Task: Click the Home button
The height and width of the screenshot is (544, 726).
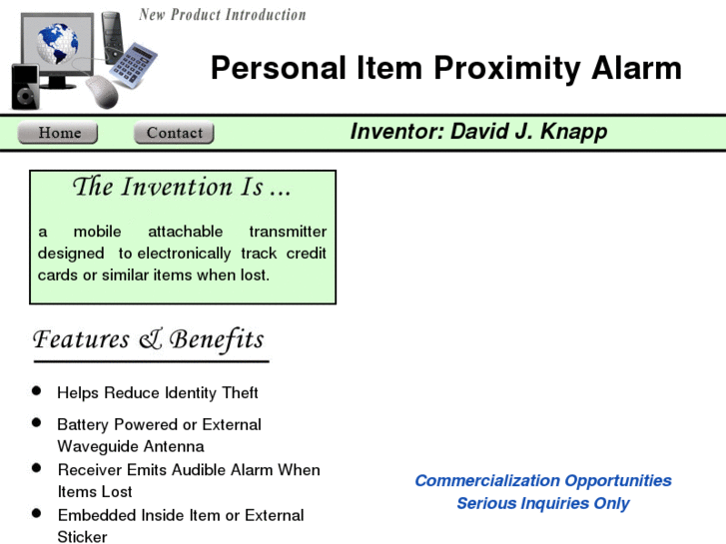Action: tap(60, 133)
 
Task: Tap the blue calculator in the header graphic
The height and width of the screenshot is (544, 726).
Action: tap(133, 66)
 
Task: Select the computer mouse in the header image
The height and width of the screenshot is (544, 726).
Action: tap(102, 93)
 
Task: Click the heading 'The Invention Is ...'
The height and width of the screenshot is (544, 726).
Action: tap(182, 187)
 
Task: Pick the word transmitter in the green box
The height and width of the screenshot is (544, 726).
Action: tap(288, 232)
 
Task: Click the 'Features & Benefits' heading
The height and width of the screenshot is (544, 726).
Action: tap(149, 339)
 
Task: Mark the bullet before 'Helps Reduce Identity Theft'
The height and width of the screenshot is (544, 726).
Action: tap(37, 391)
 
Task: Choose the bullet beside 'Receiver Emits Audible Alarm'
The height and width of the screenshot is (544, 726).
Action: tap(37, 468)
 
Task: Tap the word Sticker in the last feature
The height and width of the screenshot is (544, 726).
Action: tap(82, 536)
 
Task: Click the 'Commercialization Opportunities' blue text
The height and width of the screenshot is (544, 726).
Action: tap(542, 480)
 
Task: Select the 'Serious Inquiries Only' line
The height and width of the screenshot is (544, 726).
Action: tap(542, 503)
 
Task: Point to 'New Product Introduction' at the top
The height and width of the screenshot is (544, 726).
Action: tap(222, 15)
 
